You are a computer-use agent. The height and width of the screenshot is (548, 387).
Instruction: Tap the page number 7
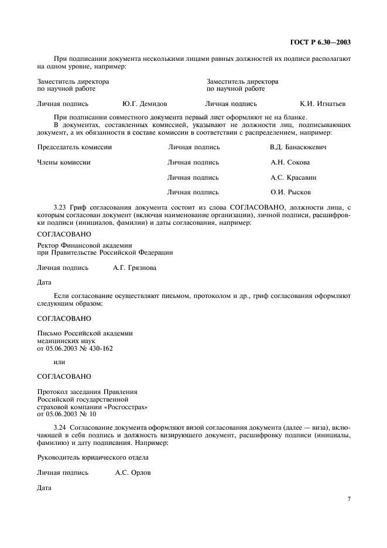tap(349, 499)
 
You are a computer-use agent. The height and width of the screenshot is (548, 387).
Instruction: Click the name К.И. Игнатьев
tap(323, 104)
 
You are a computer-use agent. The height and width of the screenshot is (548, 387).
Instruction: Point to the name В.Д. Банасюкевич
tap(299, 147)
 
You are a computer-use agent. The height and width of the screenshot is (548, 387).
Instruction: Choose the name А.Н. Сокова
tap(290, 162)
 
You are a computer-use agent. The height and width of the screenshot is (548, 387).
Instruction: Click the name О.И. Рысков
tap(290, 192)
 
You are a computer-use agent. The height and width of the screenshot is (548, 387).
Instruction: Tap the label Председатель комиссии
tap(74, 147)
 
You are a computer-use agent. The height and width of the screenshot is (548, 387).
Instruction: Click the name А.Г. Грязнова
tap(135, 268)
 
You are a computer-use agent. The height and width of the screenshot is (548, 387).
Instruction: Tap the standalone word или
tap(59, 362)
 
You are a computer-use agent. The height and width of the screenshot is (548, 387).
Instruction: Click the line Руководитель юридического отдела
tap(93, 457)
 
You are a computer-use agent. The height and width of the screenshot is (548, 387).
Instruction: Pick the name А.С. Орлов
tap(133, 472)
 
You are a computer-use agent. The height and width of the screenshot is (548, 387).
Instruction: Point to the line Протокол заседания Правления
tap(87, 391)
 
